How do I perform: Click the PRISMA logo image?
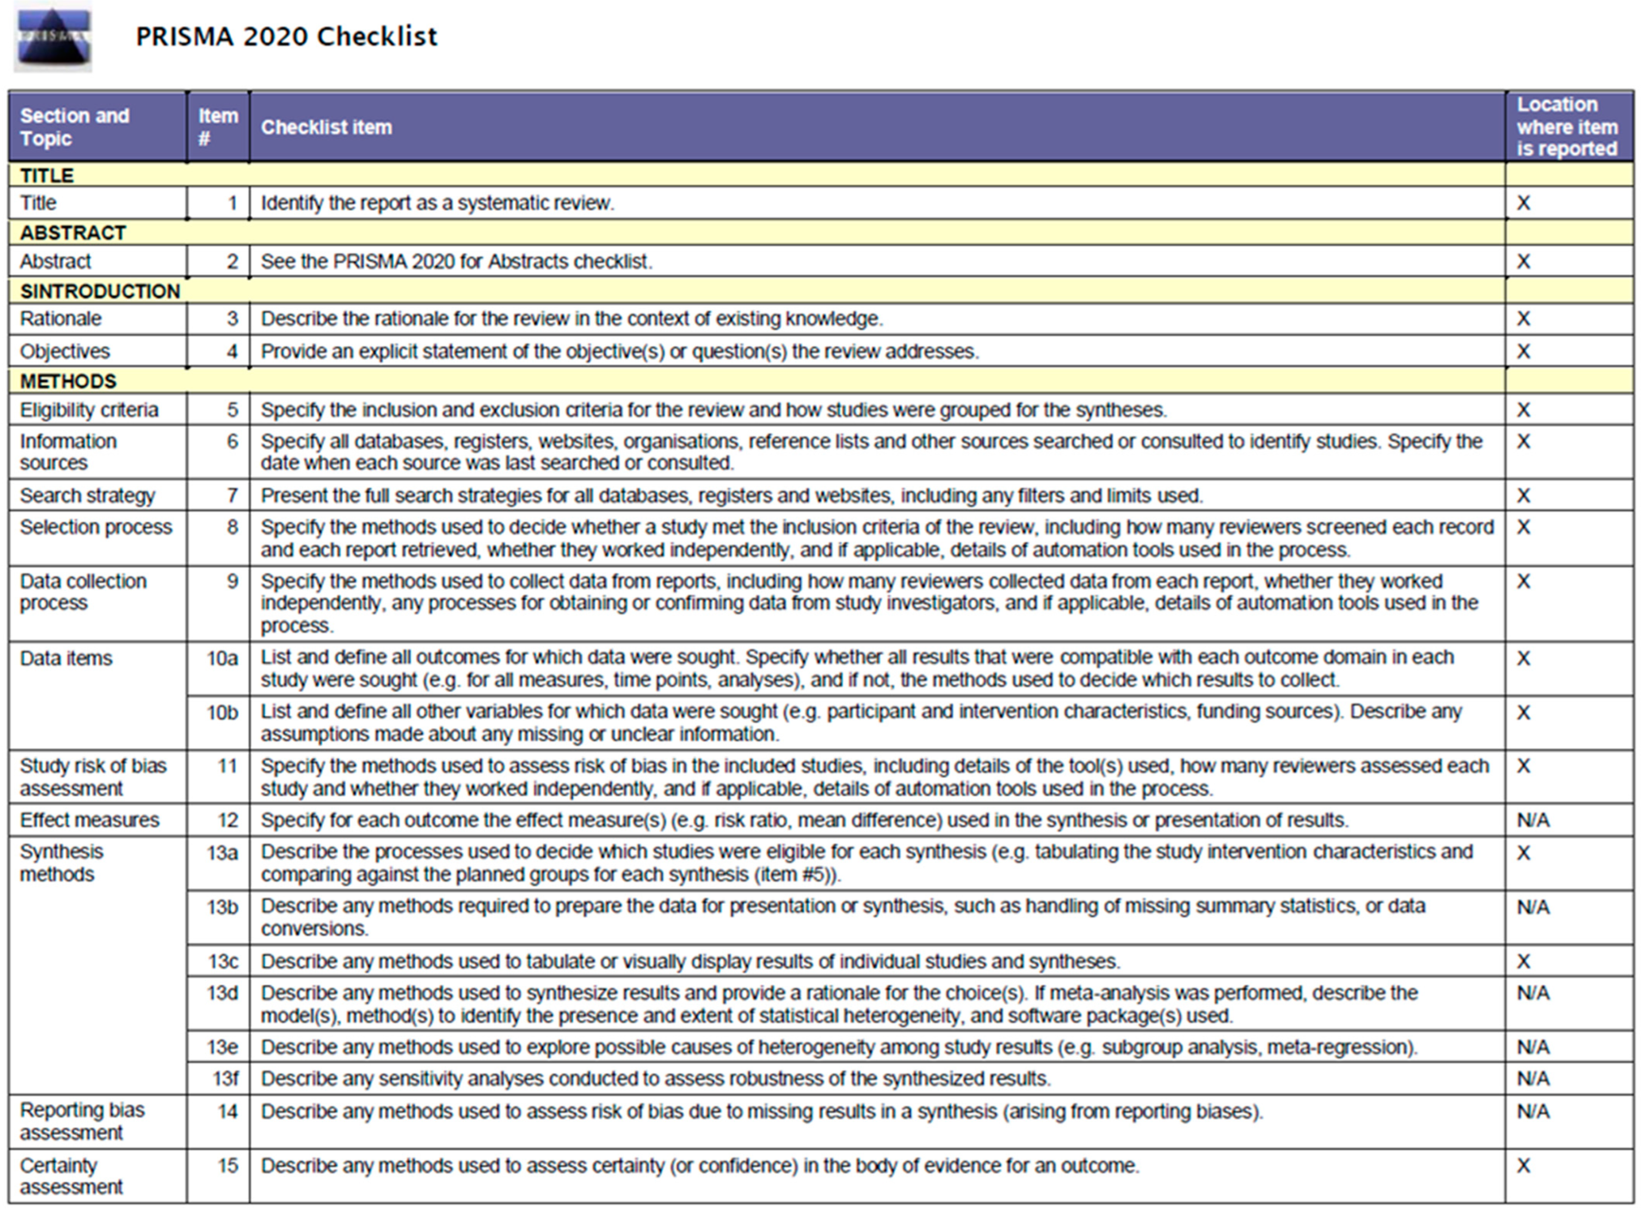click(x=53, y=37)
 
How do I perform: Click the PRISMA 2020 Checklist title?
click(x=286, y=36)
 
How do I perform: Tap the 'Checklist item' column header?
click(x=326, y=127)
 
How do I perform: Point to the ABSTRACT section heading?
click(x=73, y=233)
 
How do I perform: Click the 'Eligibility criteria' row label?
click(x=89, y=410)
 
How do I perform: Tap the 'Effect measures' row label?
click(x=89, y=820)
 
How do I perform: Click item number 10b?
click(x=222, y=712)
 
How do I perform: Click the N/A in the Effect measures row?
click(x=1533, y=820)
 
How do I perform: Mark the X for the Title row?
click(x=1523, y=203)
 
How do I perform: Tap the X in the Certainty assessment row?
click(x=1523, y=1166)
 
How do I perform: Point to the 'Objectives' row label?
click(x=65, y=352)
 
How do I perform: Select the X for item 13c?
click(x=1523, y=961)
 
